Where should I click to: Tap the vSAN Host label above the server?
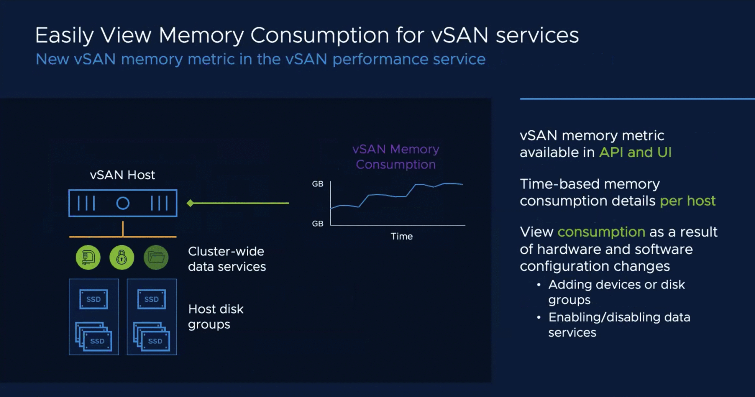(x=122, y=175)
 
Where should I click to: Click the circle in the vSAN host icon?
(x=123, y=203)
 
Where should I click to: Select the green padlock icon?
(x=122, y=257)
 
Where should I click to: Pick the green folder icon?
(x=156, y=257)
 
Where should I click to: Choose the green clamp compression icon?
(x=88, y=257)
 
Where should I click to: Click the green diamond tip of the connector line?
(x=190, y=203)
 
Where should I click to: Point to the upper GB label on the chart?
(x=318, y=184)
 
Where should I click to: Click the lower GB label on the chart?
(x=318, y=224)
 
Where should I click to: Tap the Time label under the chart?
(x=402, y=236)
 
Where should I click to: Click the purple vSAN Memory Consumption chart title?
(x=396, y=157)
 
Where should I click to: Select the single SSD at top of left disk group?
(x=94, y=299)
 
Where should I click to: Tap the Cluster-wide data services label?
(x=227, y=259)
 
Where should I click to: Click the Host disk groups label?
(x=216, y=317)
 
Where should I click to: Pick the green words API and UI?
(x=636, y=152)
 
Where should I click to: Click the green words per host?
(x=687, y=201)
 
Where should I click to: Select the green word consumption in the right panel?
(x=601, y=232)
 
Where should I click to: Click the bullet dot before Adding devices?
(x=539, y=285)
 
